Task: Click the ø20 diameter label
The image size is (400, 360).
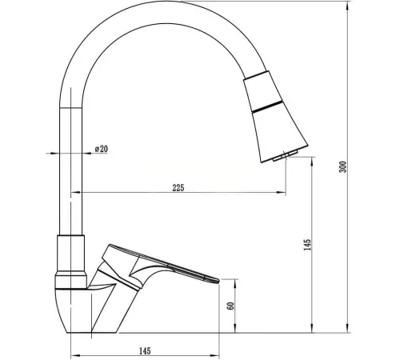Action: pyautogui.click(x=102, y=149)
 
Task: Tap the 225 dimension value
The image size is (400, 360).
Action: pyautogui.click(x=178, y=188)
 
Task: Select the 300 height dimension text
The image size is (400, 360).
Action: pyautogui.click(x=343, y=167)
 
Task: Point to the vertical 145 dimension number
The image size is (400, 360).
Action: pyautogui.click(x=307, y=245)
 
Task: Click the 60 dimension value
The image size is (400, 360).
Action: pyautogui.click(x=230, y=306)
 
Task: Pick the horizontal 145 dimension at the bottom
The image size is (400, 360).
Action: pyautogui.click(x=145, y=351)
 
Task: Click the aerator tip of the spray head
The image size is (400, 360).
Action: pyautogui.click(x=285, y=155)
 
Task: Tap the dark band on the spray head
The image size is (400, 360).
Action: pyautogui.click(x=267, y=106)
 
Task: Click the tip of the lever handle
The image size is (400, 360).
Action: pyautogui.click(x=218, y=280)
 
